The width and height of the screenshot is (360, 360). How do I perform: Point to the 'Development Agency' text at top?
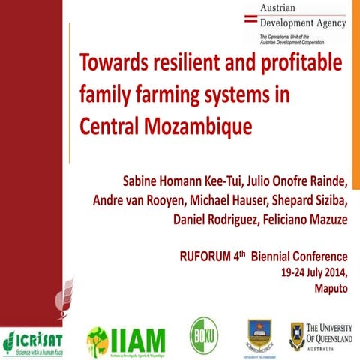(302, 22)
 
